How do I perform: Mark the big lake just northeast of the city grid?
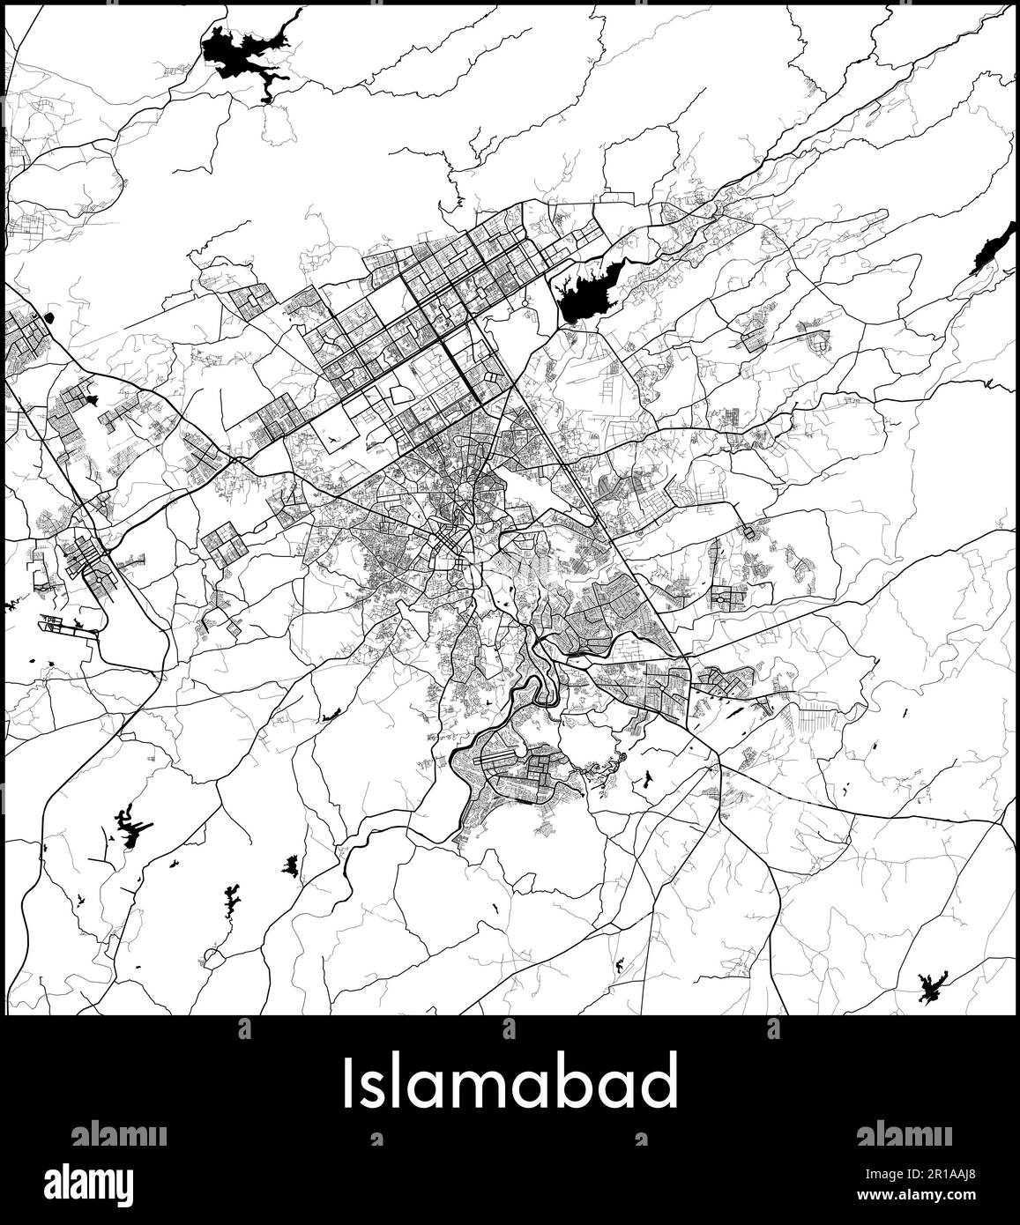585,293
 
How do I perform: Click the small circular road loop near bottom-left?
212,955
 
